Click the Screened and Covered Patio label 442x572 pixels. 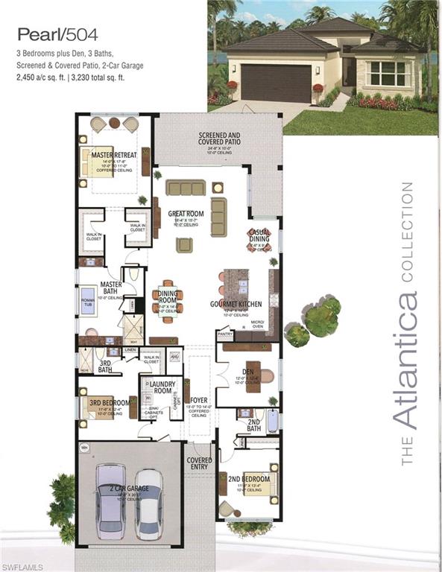tap(219, 139)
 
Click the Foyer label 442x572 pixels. tap(199, 400)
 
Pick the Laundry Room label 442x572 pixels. tap(160, 387)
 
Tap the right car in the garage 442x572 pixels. tap(148, 504)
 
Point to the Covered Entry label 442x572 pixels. tap(199, 463)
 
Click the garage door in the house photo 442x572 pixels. tap(277, 82)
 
